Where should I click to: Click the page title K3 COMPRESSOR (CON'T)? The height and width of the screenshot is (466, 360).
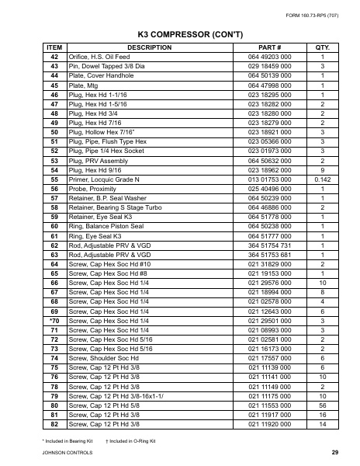point(180,35)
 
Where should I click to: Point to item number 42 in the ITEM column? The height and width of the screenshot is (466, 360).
point(54,58)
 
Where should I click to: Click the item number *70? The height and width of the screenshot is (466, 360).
point(53,321)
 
